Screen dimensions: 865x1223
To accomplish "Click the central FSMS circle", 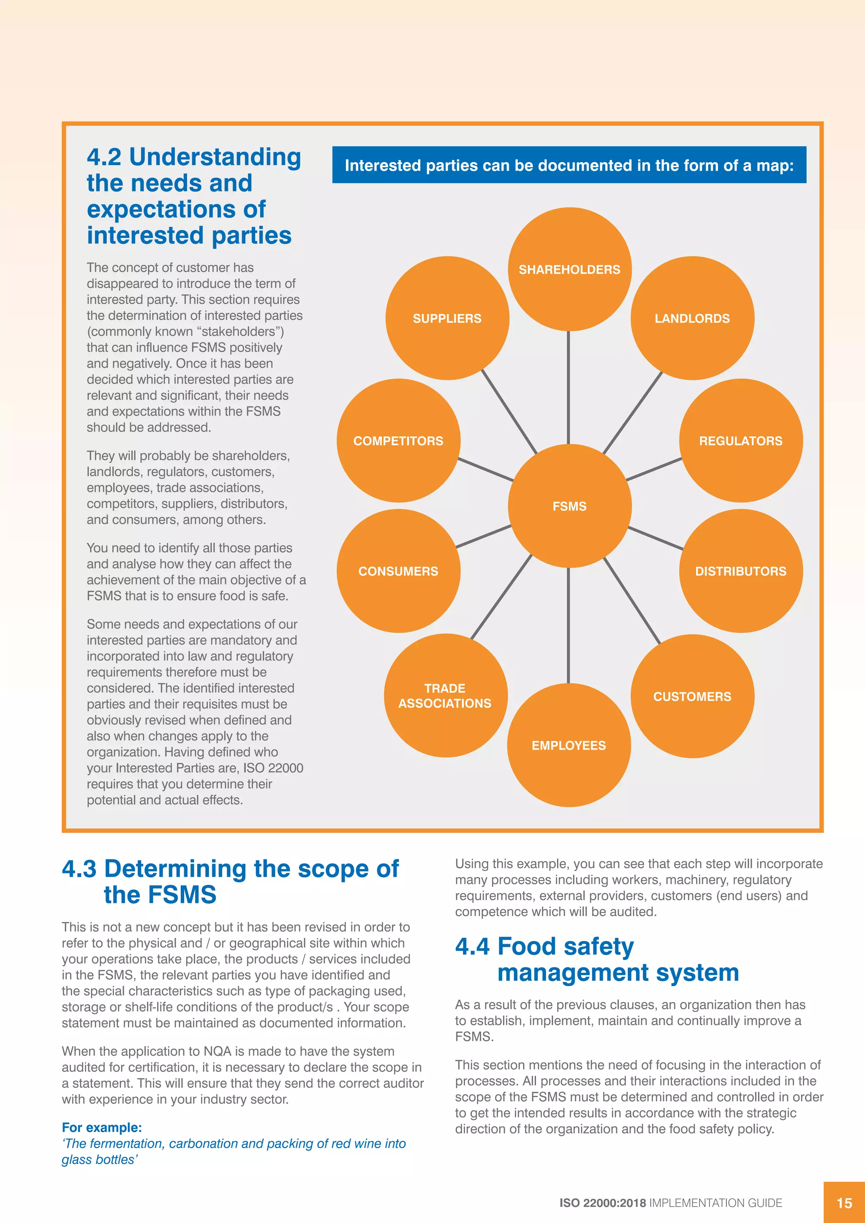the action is coord(569,506).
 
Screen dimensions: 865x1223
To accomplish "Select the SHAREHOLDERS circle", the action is coord(569,269).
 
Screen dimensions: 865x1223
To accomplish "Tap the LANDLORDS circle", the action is coord(692,318).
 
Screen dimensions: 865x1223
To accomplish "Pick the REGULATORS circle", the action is coord(741,440).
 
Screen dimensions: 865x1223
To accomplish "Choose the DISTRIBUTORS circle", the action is coord(741,571).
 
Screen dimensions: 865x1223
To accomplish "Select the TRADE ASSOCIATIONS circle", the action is coord(445,695).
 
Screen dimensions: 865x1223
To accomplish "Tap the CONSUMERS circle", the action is coord(398,571).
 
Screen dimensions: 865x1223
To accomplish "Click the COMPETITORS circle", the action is coord(398,440).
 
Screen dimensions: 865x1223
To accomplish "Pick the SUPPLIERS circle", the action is coord(447,318).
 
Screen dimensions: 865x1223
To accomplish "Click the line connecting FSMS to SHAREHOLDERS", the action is coord(569,387).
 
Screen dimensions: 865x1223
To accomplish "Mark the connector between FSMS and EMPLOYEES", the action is coord(569,625).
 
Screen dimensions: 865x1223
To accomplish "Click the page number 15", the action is coord(844,1203).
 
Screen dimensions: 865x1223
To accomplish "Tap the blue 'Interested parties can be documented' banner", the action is coord(569,165).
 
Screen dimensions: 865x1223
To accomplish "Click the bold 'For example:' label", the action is coord(102,1127).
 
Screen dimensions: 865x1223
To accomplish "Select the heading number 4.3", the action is coord(79,869).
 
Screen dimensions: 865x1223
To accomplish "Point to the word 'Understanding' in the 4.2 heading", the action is coord(215,157).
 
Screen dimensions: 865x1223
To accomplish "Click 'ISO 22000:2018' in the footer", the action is coord(602,1203).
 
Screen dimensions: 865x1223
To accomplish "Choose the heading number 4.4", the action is coord(472,946).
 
